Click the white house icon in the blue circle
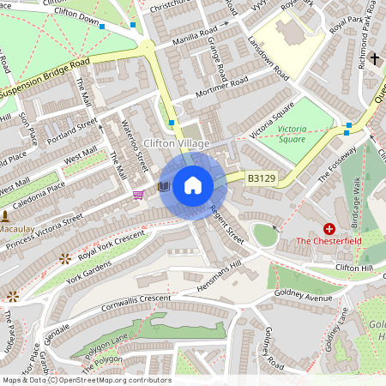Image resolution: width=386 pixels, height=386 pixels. click(x=193, y=184)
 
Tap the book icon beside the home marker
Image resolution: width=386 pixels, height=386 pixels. click(x=164, y=185)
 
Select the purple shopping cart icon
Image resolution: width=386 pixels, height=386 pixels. click(x=138, y=195)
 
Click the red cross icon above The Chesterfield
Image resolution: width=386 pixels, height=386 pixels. click(x=329, y=228)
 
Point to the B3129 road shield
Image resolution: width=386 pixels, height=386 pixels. click(x=262, y=178)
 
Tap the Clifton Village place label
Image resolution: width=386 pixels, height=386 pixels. click(x=177, y=143)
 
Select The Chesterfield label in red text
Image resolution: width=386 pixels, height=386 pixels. click(x=329, y=241)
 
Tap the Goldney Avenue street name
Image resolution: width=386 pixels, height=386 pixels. click(x=305, y=296)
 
